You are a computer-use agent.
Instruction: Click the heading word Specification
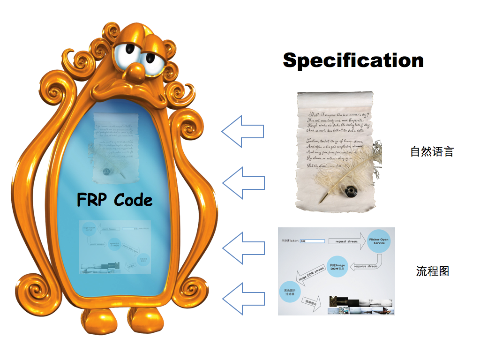(x=353, y=60)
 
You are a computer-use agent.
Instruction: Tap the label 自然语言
(x=432, y=151)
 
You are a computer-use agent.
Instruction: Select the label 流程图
(x=433, y=271)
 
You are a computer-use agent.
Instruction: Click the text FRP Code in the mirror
(x=115, y=200)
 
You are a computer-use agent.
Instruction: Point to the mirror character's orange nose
(x=136, y=71)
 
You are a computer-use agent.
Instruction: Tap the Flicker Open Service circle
(x=379, y=241)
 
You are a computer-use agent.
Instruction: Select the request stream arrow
(x=346, y=241)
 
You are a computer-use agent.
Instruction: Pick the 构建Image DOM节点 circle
(x=339, y=266)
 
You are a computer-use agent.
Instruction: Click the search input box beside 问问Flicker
(x=312, y=241)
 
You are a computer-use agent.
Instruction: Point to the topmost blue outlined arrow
(x=242, y=132)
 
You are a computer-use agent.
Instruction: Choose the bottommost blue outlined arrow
(x=242, y=299)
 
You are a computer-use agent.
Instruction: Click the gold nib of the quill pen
(x=323, y=199)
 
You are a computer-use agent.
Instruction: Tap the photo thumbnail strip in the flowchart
(x=361, y=305)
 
